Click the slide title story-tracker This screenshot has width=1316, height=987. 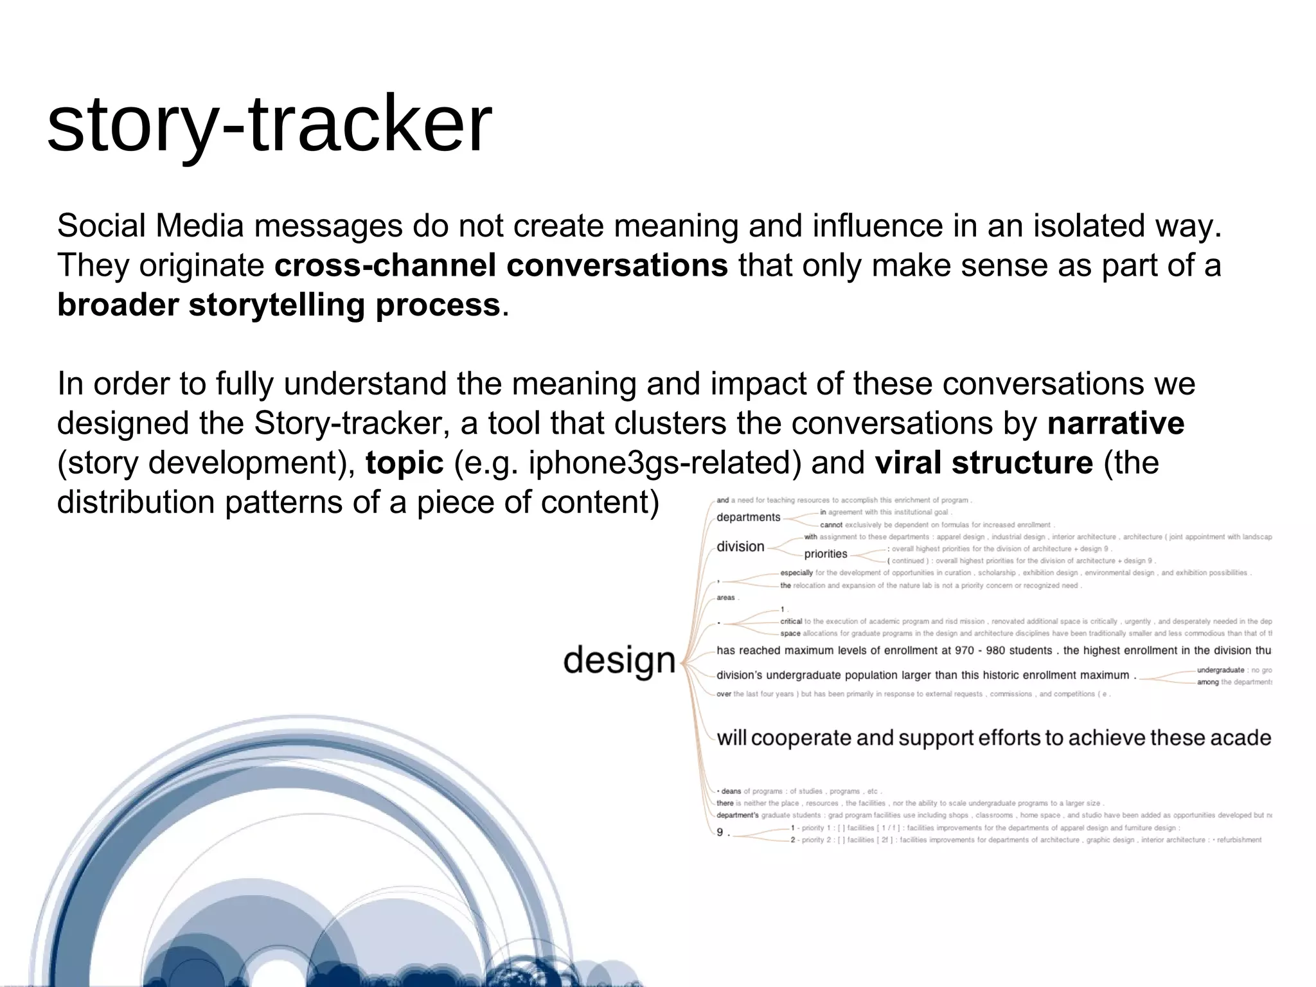coord(269,124)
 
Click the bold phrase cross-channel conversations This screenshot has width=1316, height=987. coord(501,265)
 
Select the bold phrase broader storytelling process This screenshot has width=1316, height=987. coord(278,305)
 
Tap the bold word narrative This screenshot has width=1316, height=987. coord(1116,423)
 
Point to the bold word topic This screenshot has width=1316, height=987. coord(404,463)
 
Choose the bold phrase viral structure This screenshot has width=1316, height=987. coord(983,463)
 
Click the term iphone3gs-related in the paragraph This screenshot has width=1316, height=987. coord(664,463)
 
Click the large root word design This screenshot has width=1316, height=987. coord(619,661)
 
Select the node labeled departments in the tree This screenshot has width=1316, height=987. coord(748,517)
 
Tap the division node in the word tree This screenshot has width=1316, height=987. coord(740,547)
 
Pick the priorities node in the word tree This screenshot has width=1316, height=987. coord(826,554)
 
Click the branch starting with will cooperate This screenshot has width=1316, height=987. coord(993,738)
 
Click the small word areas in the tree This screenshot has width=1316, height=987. coord(725,598)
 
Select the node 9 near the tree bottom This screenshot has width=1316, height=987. coord(720,832)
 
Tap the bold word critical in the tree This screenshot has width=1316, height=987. coord(791,621)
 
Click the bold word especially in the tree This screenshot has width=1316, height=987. coord(796,573)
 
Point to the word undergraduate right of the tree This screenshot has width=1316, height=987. coord(1220,670)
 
